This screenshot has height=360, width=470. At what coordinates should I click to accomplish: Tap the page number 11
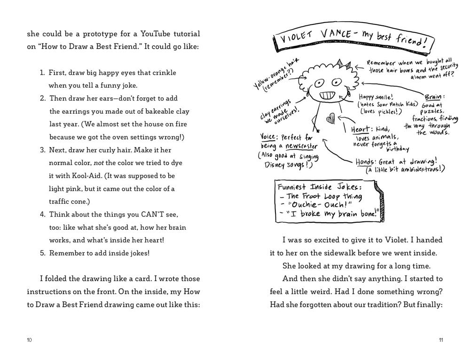click(x=440, y=340)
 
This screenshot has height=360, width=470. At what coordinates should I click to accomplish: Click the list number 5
click(x=41, y=253)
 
